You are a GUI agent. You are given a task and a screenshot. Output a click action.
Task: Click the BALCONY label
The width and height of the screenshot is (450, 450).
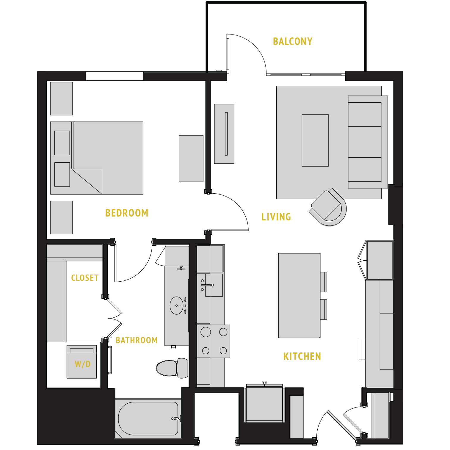click(293, 41)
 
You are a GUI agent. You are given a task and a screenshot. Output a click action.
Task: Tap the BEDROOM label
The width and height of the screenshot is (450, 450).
click(127, 213)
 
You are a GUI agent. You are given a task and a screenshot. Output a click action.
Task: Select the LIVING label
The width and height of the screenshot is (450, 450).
click(276, 217)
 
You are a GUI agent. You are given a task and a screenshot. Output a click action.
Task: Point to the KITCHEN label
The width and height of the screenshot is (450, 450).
click(302, 356)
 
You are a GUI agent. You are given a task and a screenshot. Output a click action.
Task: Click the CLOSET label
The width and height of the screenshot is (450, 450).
click(85, 278)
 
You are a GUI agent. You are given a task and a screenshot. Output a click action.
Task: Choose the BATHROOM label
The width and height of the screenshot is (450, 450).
click(137, 340)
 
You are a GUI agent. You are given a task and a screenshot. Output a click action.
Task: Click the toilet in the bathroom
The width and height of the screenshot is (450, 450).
click(171, 368)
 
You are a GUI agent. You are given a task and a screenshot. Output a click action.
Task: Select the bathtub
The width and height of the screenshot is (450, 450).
click(148, 419)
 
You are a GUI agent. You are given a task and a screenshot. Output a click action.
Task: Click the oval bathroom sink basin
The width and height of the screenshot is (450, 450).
click(177, 305)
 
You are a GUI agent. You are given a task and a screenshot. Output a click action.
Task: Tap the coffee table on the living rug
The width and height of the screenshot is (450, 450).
click(315, 140)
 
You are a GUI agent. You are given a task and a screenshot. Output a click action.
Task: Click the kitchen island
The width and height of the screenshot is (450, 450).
click(299, 296)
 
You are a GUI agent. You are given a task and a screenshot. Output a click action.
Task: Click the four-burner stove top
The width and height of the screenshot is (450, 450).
click(214, 341)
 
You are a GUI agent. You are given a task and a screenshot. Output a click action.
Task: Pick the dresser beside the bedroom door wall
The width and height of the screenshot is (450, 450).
click(191, 159)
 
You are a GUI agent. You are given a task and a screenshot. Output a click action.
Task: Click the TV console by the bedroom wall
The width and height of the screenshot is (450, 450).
click(224, 134)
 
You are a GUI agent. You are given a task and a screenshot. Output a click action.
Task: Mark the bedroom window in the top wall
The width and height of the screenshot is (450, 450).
click(115, 76)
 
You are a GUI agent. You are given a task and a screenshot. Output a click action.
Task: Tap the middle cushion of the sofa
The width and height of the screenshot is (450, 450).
click(365, 142)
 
